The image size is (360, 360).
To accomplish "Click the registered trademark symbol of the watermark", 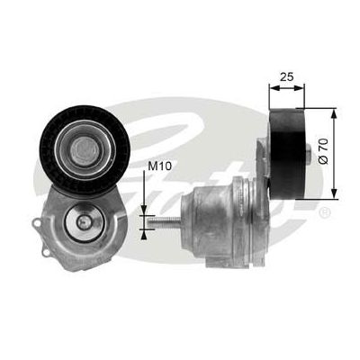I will coord(324,213).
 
